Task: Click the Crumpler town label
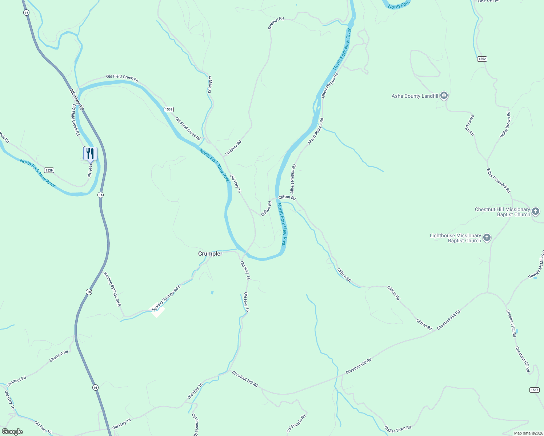210,254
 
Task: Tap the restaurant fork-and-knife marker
90,154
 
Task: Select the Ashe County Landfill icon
444,96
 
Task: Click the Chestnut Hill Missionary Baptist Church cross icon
535,211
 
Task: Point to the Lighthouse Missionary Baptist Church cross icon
487,238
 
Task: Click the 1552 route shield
482,59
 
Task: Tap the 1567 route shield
534,390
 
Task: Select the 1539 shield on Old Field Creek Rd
168,109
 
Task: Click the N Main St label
209,84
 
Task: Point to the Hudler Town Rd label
398,429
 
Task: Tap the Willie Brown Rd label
505,125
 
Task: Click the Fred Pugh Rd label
470,125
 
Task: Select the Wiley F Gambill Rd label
499,180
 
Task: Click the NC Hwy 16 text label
77,100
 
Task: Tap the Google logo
12,432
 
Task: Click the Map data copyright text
528,433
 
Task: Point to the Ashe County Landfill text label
415,96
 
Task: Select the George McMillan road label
536,266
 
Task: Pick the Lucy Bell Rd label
488,1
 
